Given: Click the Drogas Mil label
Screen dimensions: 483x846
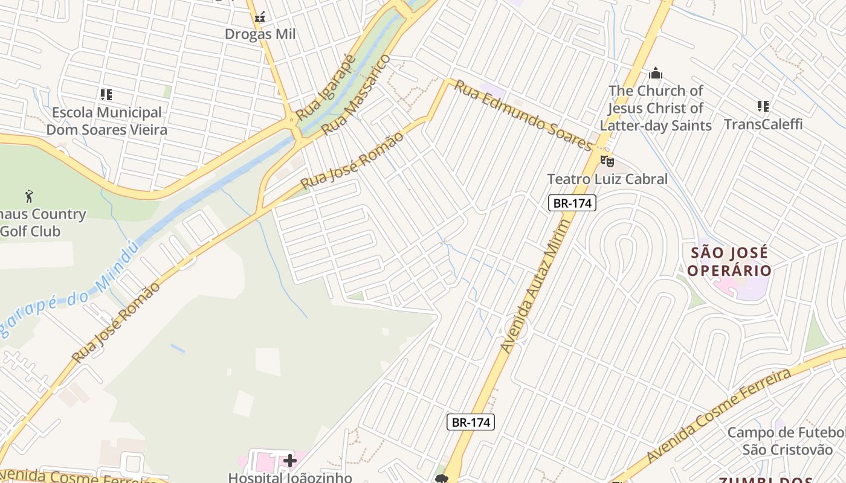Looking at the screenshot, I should (260, 34).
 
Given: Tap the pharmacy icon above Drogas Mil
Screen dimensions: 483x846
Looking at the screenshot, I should (260, 17).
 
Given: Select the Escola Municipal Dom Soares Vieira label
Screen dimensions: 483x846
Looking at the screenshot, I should (107, 121).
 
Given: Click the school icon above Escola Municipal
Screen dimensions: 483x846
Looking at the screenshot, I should (106, 95).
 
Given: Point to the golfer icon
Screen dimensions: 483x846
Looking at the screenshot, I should (29, 196).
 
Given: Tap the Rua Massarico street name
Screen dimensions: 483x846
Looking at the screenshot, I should (355, 95).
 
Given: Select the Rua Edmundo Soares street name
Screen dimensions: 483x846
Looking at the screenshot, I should (523, 116).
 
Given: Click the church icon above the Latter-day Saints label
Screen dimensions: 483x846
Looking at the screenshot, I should (656, 74).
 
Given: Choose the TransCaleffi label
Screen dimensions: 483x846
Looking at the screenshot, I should (763, 124).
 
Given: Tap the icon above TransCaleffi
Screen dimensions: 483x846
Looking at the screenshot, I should (763, 106).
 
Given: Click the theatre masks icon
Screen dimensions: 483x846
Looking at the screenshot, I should (607, 161).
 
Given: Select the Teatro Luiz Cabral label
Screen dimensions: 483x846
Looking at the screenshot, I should (607, 179).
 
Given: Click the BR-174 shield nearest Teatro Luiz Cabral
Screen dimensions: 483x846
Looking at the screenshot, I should (572, 203).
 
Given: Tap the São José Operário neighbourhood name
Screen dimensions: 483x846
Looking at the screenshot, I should (729, 261).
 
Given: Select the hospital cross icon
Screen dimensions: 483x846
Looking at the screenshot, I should (290, 461).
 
